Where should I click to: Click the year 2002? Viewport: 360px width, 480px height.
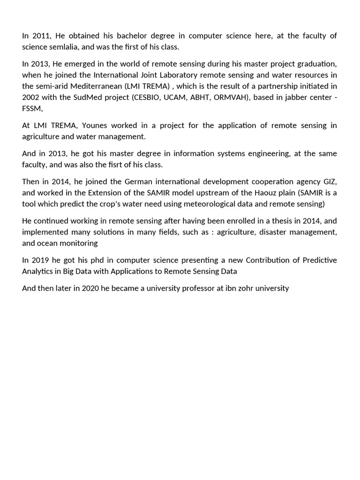click(31, 97)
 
